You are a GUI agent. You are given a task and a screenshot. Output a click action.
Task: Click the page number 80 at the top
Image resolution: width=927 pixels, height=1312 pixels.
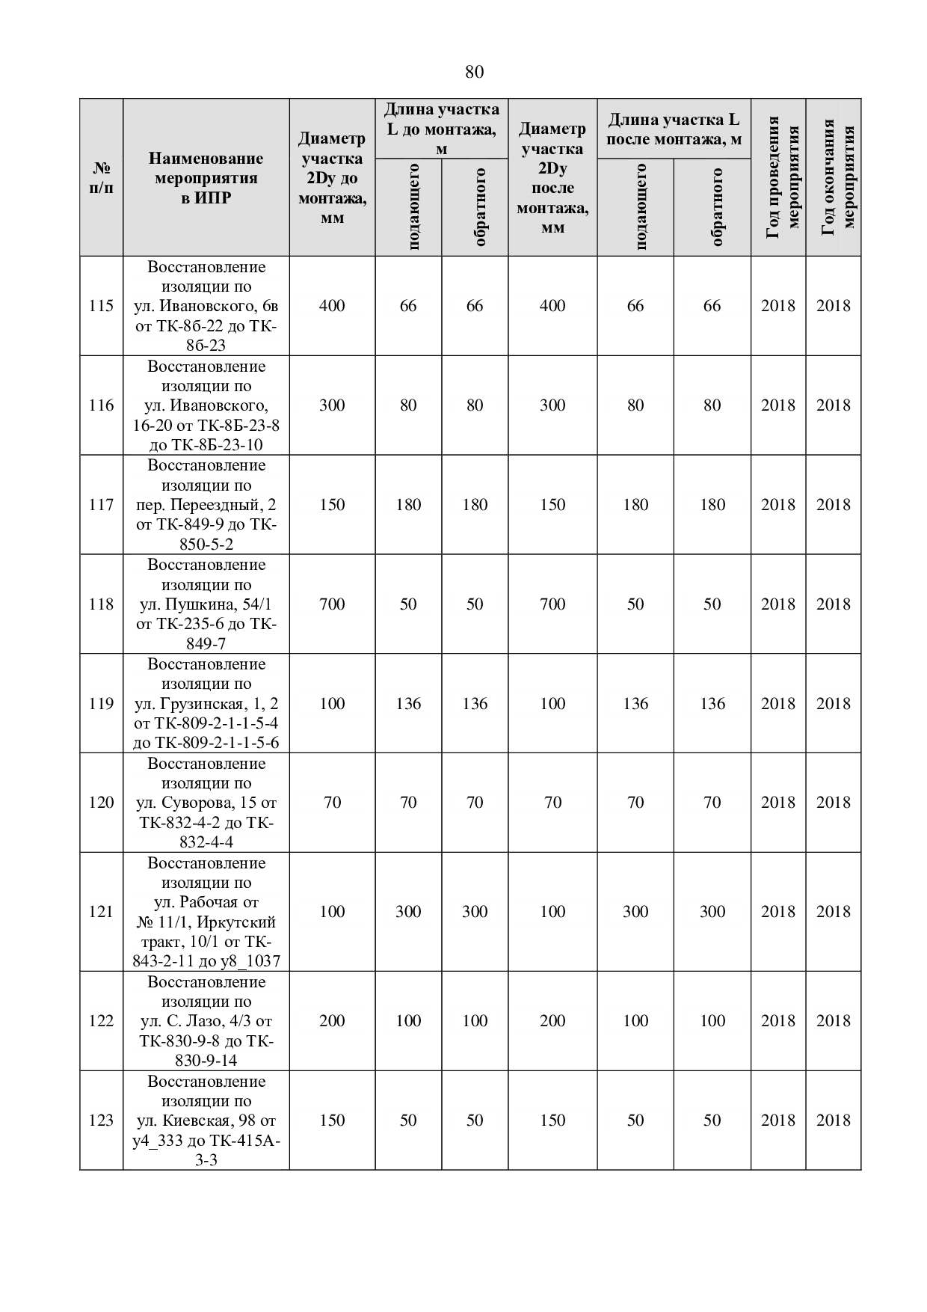(x=474, y=73)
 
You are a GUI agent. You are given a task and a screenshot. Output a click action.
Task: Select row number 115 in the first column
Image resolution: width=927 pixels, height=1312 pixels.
(x=101, y=306)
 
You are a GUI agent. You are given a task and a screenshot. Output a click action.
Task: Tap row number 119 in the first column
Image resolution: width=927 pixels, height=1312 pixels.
(x=101, y=704)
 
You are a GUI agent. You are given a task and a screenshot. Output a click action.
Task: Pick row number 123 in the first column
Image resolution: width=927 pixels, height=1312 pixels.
(x=101, y=1121)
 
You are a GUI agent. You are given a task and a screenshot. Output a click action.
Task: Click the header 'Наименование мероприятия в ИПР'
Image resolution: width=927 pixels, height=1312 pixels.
(x=206, y=178)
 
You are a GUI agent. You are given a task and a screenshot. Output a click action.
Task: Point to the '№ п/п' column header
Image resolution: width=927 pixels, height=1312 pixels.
(x=101, y=178)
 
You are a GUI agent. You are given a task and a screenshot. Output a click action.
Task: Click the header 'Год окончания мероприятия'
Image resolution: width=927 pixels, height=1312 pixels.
(x=834, y=178)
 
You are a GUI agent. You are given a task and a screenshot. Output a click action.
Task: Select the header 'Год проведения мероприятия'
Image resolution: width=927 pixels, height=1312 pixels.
(x=778, y=178)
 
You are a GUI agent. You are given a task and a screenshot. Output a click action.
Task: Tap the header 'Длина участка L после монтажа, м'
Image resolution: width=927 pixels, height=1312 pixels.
(x=674, y=129)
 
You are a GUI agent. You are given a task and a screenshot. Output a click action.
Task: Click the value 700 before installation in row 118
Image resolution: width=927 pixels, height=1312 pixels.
(x=332, y=604)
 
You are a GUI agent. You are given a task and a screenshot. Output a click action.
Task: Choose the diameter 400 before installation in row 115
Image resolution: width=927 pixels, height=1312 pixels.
(x=332, y=306)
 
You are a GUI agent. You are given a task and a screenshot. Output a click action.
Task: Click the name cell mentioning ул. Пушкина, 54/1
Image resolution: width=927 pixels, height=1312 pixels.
(x=206, y=604)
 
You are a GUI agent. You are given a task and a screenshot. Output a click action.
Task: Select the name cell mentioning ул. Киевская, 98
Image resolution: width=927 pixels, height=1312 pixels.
(x=206, y=1121)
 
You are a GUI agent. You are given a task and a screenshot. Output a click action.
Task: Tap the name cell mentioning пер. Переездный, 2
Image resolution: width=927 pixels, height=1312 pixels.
(x=206, y=505)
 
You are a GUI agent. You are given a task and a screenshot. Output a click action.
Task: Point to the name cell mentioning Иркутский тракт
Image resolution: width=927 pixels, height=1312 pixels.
(x=206, y=912)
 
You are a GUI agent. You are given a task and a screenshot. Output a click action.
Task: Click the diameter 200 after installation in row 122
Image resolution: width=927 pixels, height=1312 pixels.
(x=552, y=1021)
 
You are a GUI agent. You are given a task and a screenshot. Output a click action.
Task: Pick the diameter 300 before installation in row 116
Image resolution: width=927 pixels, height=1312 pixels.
(x=332, y=405)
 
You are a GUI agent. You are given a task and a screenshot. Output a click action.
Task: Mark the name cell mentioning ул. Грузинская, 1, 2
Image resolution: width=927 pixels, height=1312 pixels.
(x=206, y=704)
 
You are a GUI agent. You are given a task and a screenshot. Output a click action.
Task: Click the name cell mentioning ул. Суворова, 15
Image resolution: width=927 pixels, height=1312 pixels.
(x=206, y=803)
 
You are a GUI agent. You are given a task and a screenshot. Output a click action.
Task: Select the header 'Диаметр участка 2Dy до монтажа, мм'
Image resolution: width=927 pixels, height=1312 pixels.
(x=332, y=178)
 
